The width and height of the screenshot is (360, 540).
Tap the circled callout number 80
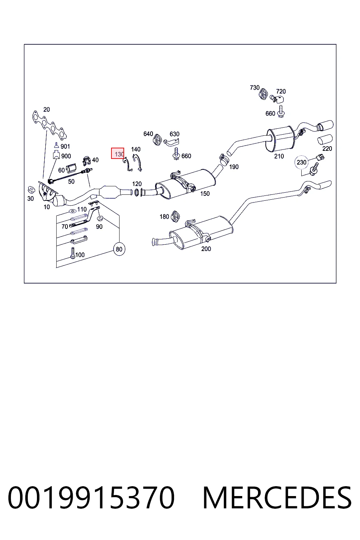pyautogui.click(x=119, y=249)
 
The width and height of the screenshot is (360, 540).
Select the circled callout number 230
pyautogui.click(x=301, y=162)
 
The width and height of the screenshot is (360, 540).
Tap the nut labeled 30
pyautogui.click(x=31, y=190)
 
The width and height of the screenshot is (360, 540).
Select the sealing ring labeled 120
pyautogui.click(x=136, y=192)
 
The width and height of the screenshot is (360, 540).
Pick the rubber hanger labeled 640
pyautogui.click(x=157, y=140)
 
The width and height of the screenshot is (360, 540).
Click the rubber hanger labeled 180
pyautogui.click(x=175, y=216)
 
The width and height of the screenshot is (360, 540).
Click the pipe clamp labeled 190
pyautogui.click(x=224, y=160)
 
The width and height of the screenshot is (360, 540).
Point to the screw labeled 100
pyautogui.click(x=73, y=253)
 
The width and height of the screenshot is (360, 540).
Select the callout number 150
pyautogui.click(x=205, y=194)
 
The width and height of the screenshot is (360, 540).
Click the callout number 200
pyautogui.click(x=206, y=249)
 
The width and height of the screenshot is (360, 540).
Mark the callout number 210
pyautogui.click(x=279, y=156)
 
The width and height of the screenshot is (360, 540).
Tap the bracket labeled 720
pyautogui.click(x=277, y=98)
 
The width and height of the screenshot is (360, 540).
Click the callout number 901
pyautogui.click(x=65, y=146)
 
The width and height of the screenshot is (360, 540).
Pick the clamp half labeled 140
pyautogui.click(x=138, y=163)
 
